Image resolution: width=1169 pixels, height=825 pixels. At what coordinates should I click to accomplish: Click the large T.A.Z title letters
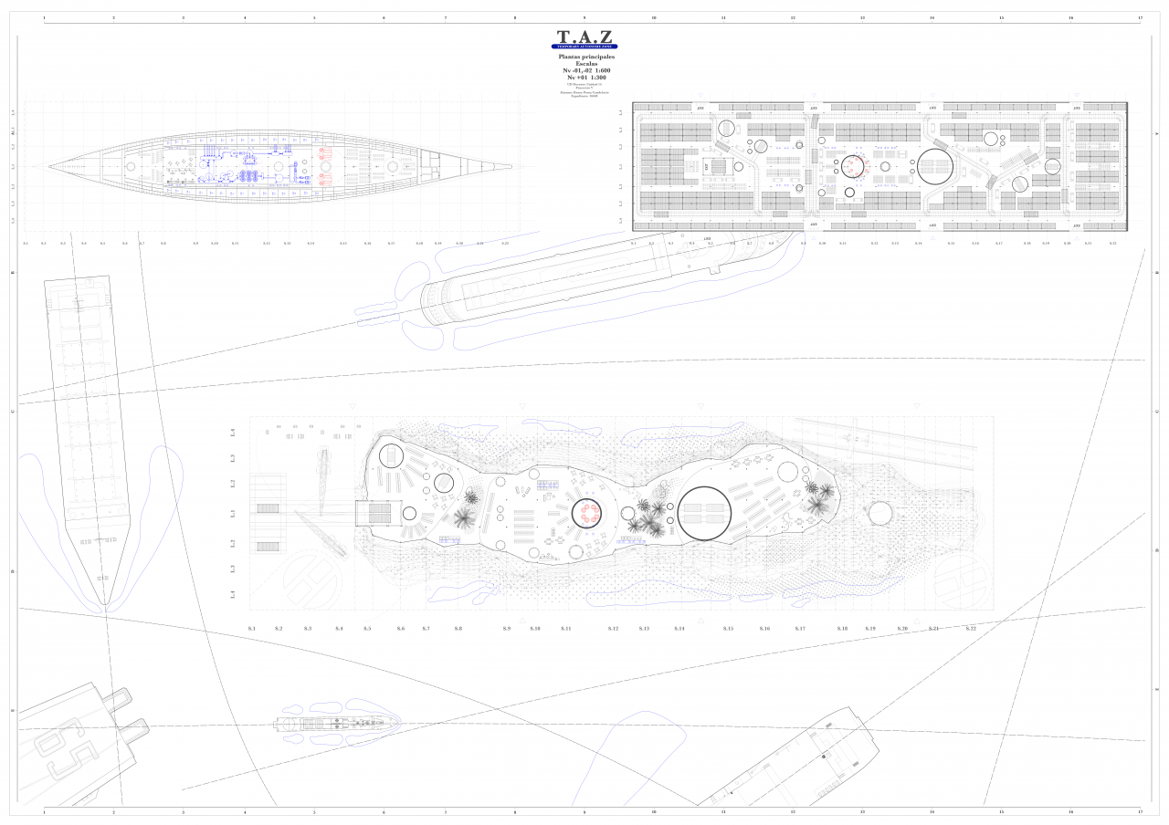[x=584, y=37]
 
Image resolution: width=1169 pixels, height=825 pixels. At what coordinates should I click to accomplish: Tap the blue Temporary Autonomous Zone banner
[x=584, y=47]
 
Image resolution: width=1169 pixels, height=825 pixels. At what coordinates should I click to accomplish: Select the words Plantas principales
[x=586, y=57]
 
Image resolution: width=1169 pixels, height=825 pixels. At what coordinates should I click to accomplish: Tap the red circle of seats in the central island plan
[x=585, y=515]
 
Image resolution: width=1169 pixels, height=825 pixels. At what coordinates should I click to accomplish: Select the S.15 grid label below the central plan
[x=728, y=629]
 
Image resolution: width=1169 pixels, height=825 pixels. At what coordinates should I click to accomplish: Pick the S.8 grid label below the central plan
[x=458, y=629]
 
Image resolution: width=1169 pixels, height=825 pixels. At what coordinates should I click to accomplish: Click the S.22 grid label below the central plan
[x=971, y=629]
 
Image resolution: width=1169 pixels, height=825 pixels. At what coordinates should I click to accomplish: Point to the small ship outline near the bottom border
[x=336, y=723]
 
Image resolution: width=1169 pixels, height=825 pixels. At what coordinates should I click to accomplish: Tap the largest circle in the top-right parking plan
[x=936, y=167]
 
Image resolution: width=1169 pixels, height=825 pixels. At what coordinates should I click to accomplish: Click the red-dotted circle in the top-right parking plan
[x=852, y=167]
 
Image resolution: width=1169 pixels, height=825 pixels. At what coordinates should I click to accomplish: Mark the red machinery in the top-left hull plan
[x=326, y=167]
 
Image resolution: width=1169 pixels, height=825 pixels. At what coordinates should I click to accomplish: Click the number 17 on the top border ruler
[x=1140, y=17]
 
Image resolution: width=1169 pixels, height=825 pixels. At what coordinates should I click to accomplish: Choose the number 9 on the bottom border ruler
[x=584, y=810]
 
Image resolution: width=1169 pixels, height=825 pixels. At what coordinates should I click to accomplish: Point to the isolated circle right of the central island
[x=880, y=514]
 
